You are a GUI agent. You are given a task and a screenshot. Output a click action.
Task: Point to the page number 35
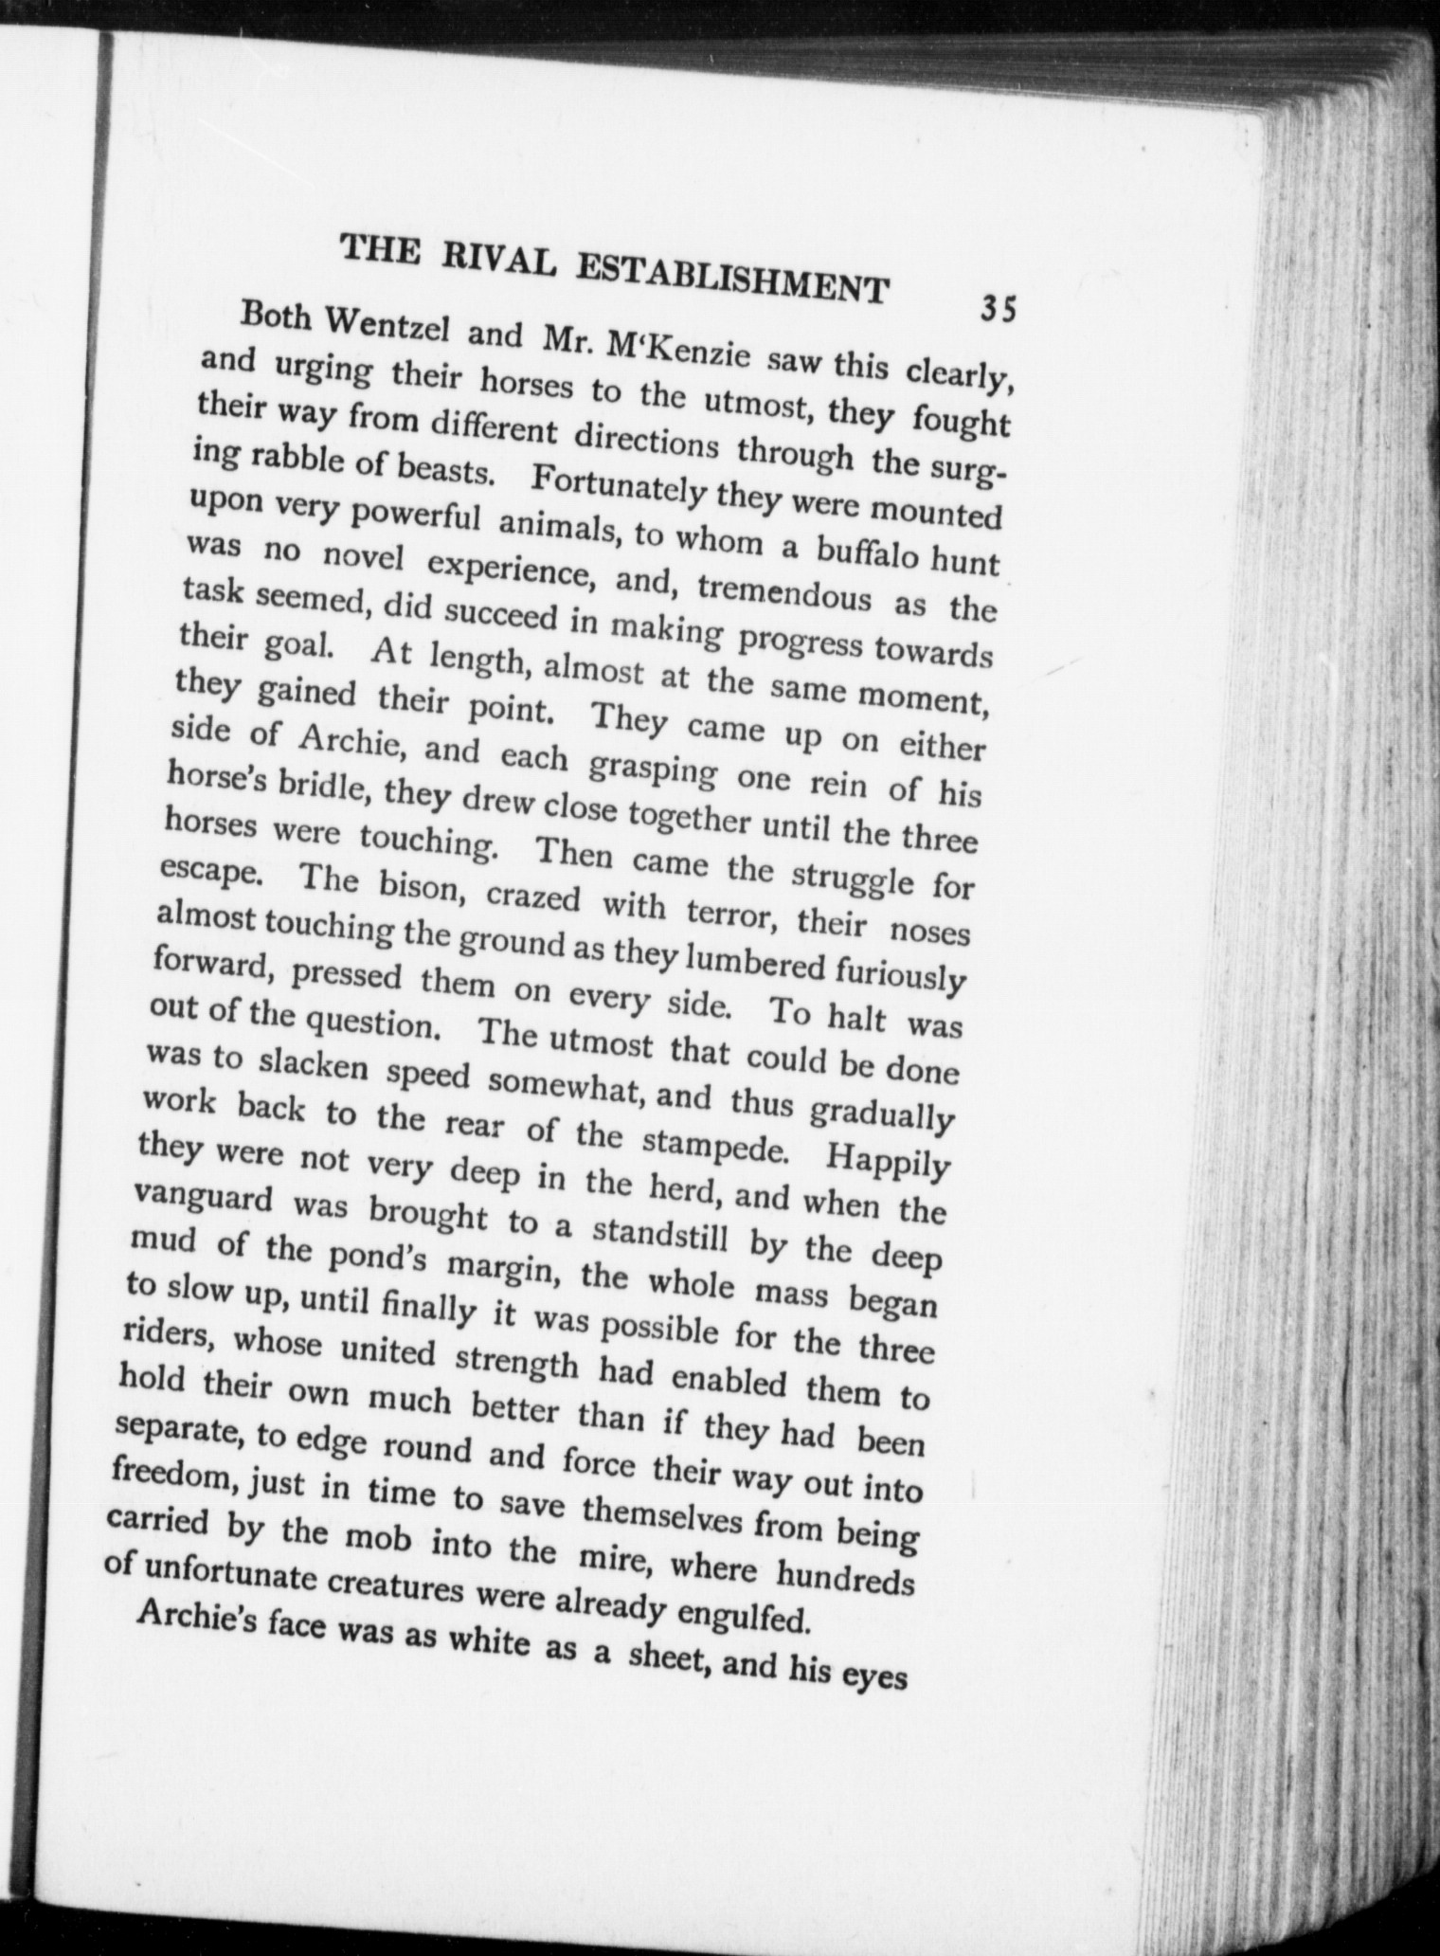[x=999, y=309]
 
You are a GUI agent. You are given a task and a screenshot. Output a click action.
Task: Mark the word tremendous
[x=784, y=593]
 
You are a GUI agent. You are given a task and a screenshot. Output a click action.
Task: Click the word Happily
[x=889, y=1161]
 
